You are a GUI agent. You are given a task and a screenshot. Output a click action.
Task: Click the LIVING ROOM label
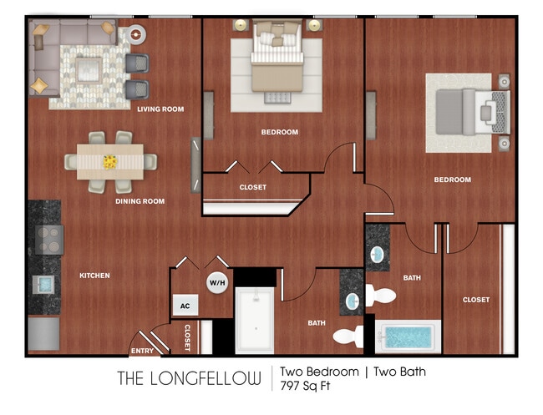(160, 109)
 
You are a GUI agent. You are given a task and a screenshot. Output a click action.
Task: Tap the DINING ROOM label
(140, 201)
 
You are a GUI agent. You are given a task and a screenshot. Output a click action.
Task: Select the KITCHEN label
(94, 276)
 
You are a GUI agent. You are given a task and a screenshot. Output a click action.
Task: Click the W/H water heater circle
(217, 283)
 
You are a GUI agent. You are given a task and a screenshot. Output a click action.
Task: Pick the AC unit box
(185, 306)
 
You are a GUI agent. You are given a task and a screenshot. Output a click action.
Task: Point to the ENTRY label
(142, 351)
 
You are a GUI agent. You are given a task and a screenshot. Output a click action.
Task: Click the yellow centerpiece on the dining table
(110, 160)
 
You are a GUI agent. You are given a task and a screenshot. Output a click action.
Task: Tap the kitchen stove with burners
(47, 240)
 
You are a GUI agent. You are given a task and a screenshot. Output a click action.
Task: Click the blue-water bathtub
(407, 337)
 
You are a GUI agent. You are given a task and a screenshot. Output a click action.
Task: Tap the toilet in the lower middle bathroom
(348, 337)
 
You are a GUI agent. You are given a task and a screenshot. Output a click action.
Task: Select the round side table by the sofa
(134, 34)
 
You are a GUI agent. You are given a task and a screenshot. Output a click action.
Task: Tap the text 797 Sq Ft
(306, 386)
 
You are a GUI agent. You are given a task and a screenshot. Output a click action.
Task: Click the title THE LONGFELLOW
(189, 378)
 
